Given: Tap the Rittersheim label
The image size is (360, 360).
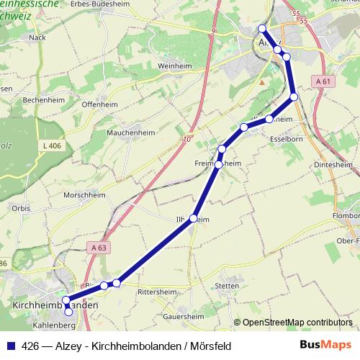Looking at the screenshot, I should click(166, 292).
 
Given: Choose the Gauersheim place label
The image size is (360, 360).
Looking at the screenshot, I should click(184, 315).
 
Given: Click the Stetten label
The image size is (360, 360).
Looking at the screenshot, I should click(226, 286).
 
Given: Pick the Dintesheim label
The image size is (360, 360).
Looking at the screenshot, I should click(334, 165).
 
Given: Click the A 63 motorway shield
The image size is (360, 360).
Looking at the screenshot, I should click(101, 247).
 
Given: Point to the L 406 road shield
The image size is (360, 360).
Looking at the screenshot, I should click(50, 146).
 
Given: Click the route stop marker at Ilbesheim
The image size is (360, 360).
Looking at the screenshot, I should click(193, 220).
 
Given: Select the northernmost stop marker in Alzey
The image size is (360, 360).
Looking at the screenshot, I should click(262, 29).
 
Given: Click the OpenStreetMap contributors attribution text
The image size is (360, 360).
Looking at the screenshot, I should click(298, 323).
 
